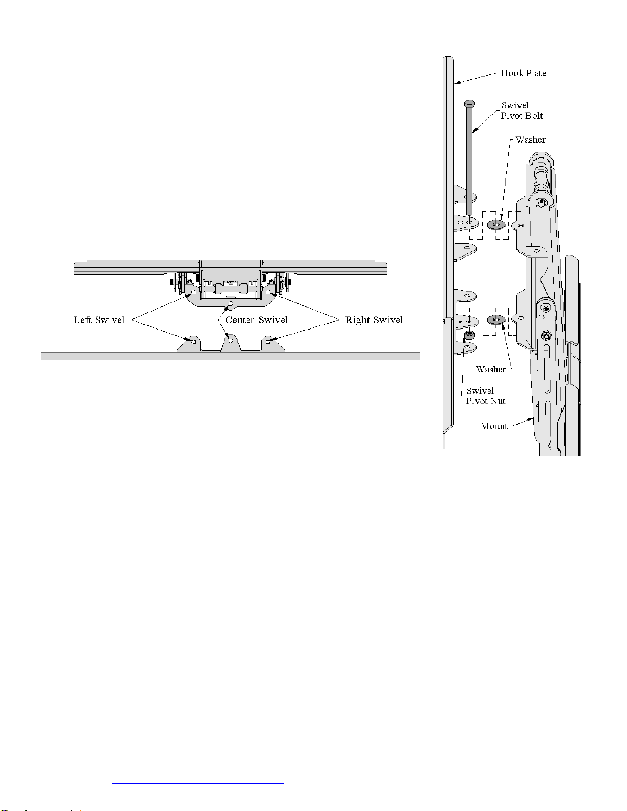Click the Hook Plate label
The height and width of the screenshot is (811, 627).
pos(523,73)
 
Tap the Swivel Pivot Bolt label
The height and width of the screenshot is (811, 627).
pos(522,111)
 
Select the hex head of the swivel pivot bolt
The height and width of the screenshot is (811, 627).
pos(469,103)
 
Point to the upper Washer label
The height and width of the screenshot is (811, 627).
pos(530,140)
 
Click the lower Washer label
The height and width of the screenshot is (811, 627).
pos(491,369)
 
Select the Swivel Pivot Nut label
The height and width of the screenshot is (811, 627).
pos(486,396)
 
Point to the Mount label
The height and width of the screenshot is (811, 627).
pos(494,426)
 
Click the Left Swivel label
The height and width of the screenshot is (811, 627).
pos(99,320)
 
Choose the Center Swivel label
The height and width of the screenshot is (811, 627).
pos(257,320)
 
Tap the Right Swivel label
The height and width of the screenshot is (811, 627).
pos(374,320)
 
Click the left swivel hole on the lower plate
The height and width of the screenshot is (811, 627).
pos(193,341)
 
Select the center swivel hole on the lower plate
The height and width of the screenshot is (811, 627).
pos(231,341)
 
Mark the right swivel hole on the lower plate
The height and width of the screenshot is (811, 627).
pos(268,341)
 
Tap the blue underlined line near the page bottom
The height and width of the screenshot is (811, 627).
pos(198,782)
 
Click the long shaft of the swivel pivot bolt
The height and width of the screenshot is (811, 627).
pos(469,161)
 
